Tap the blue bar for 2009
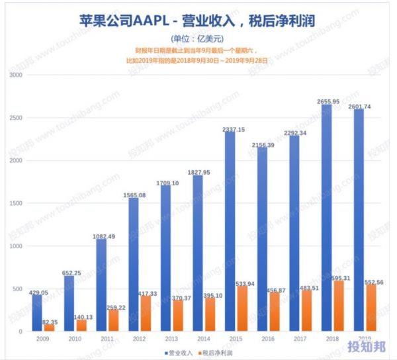pyautogui.click(x=38, y=313)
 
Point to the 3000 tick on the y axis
pyautogui.click(x=16, y=75)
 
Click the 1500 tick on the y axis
pyautogui.click(x=16, y=204)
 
